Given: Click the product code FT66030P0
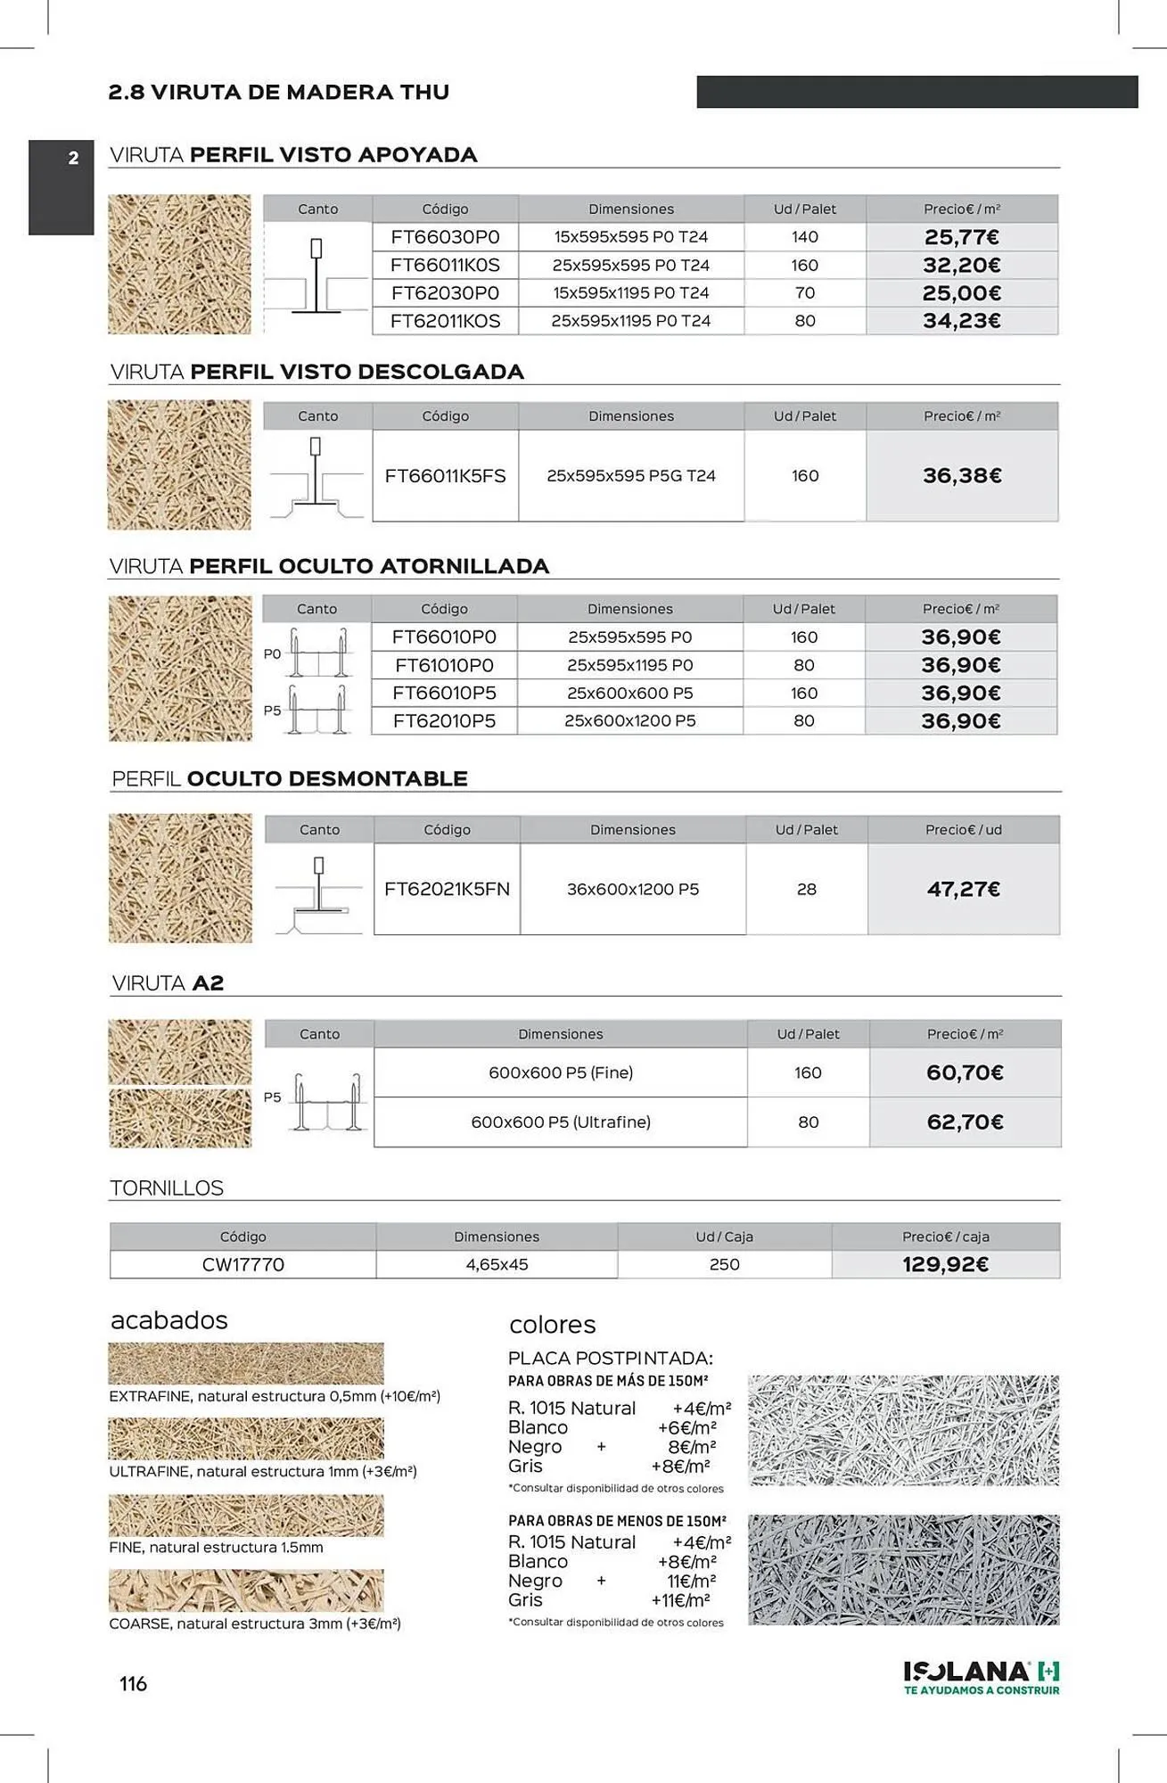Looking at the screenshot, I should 445,237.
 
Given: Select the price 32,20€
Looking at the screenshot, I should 961,265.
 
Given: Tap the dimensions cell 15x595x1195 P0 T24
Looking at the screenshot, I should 630,293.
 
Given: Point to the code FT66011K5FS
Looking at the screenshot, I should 445,476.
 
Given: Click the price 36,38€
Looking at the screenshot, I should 962,476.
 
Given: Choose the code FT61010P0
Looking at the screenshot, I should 444,665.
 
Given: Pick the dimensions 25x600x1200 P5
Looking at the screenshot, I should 629,720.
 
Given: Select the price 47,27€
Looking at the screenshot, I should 963,889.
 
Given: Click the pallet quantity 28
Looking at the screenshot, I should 806,889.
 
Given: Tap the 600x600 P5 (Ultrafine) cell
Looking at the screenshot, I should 560,1122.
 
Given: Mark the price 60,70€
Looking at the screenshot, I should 965,1072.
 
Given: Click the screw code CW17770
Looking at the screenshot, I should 242,1264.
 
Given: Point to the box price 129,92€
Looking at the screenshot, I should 945,1264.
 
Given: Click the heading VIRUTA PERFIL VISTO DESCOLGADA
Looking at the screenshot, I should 316,372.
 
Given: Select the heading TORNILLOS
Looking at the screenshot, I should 167,1188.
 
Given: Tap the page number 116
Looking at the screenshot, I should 133,1683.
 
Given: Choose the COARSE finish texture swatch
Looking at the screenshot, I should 246,1591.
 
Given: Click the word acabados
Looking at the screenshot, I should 168,1320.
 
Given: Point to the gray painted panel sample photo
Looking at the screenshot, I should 903,1569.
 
